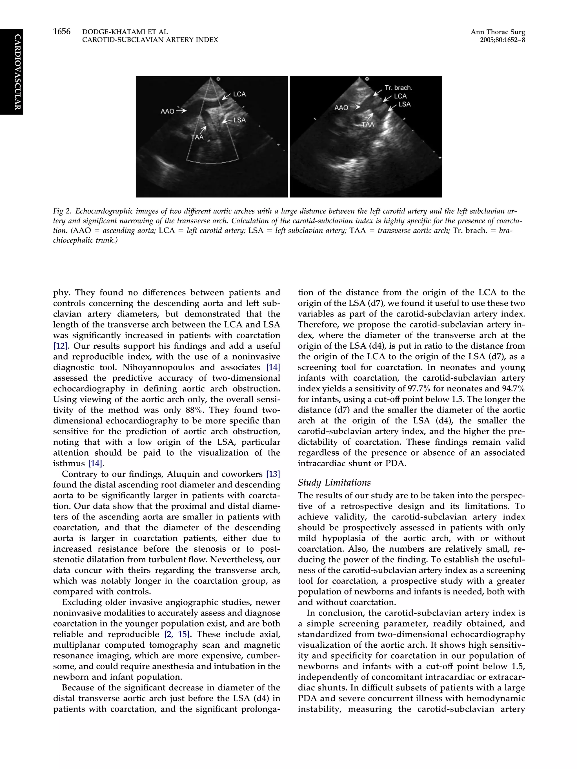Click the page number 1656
pyautogui.click(x=62, y=32)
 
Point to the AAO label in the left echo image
pyautogui.click(x=167, y=111)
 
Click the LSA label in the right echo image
pyautogui.click(x=404, y=104)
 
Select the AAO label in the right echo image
pyautogui.click(x=341, y=108)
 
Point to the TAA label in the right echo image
pyautogui.click(x=368, y=124)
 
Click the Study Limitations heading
pyautogui.click(x=334, y=483)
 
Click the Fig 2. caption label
pyautogui.click(x=62, y=211)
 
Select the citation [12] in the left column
pyautogui.click(x=58, y=346)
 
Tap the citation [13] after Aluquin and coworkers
pyautogui.click(x=273, y=474)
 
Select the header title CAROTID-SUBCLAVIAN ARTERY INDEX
pyautogui.click(x=150, y=40)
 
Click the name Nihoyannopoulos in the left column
pyautogui.click(x=152, y=367)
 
